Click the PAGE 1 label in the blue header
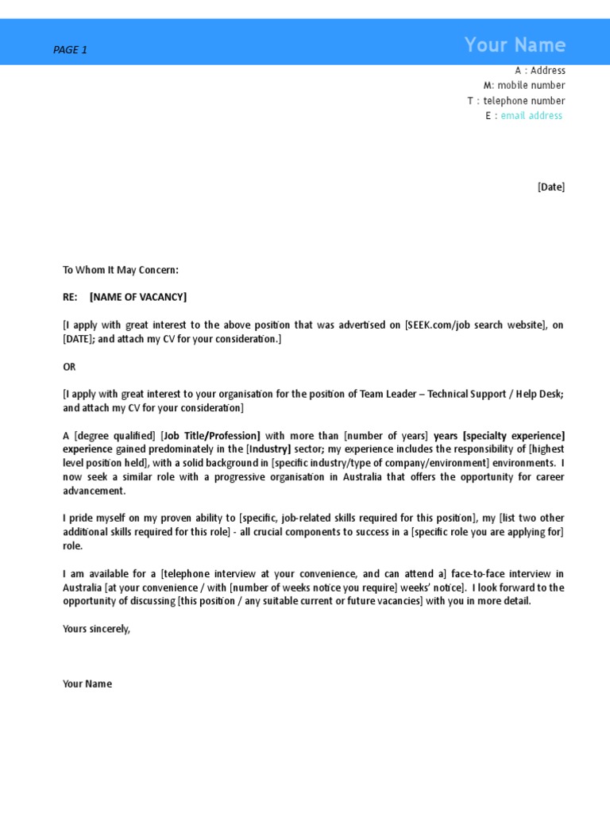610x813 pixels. [70, 50]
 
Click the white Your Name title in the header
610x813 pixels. [515, 45]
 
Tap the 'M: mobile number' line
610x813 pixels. [524, 86]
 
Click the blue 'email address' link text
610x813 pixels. [531, 116]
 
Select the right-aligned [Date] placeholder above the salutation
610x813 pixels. [551, 187]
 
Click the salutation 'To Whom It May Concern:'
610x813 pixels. [121, 270]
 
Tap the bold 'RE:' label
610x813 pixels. [70, 297]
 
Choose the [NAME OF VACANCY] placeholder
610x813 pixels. [138, 297]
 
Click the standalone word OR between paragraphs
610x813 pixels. [69, 367]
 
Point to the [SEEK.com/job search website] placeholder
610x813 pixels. [476, 326]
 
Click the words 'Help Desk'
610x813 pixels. [539, 394]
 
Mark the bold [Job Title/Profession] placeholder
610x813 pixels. [210, 436]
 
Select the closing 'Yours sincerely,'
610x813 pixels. [96, 629]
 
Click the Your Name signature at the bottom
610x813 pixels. [87, 684]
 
